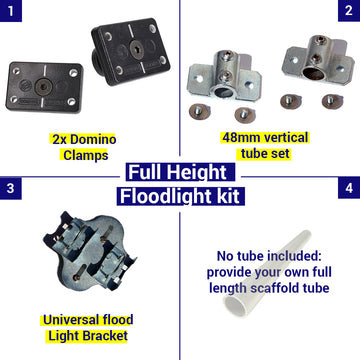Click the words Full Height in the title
pyautogui.click(x=180, y=172)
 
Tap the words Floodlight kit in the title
pyautogui.click(x=180, y=195)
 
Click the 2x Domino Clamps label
pyautogui.click(x=90, y=147)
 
